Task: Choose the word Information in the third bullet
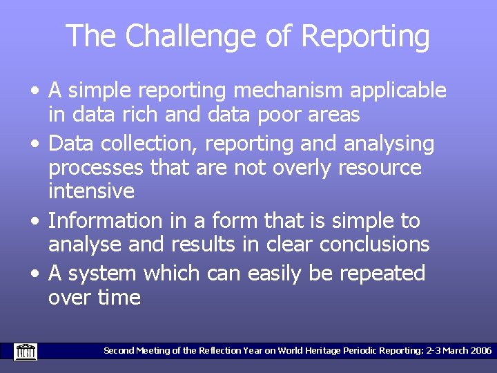click(105, 221)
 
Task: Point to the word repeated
click(382, 274)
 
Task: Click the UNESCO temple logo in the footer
click(26, 351)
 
